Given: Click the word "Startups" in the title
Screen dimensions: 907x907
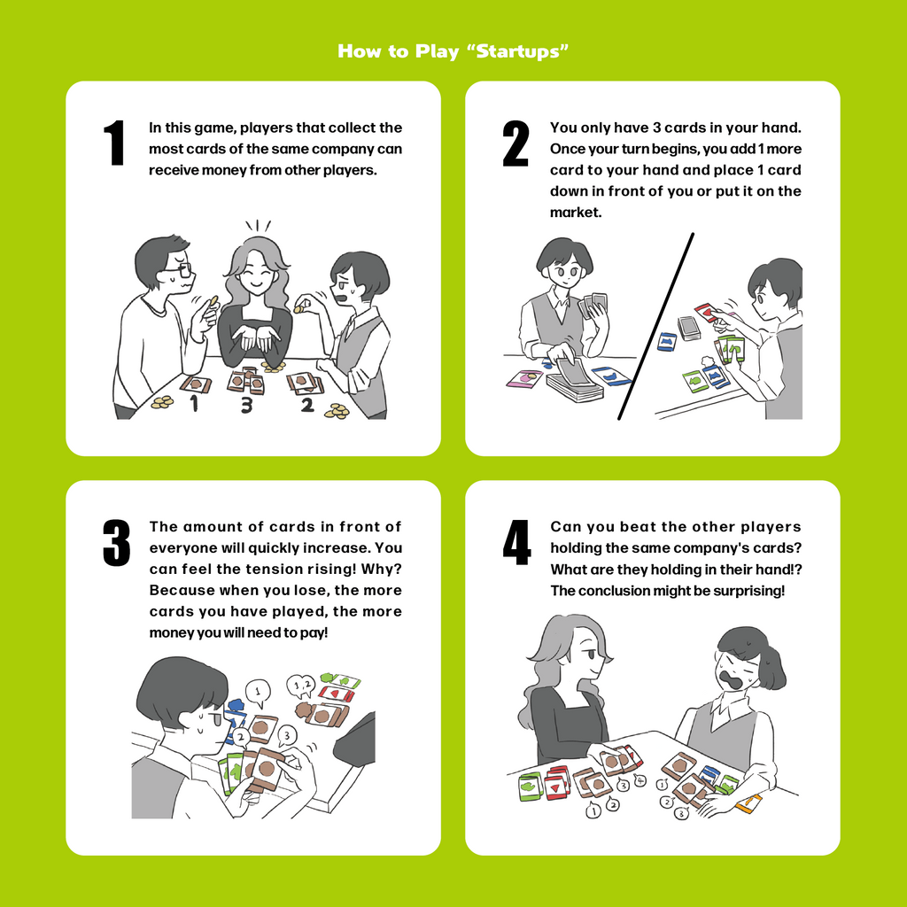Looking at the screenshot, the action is (x=517, y=51).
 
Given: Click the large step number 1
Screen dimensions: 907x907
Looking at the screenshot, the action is (x=114, y=143).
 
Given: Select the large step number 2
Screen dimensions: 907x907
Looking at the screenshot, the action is (x=516, y=143).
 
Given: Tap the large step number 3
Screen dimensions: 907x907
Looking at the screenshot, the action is (x=116, y=543).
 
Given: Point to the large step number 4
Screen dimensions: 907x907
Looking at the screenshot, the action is (x=516, y=543).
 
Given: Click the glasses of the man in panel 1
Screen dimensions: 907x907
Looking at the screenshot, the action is (x=178, y=269).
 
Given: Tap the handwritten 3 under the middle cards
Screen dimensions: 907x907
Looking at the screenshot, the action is (x=247, y=406).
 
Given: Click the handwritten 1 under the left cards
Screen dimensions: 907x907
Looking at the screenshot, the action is (x=194, y=403).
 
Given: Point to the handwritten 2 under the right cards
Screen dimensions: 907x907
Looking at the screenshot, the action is (x=307, y=404).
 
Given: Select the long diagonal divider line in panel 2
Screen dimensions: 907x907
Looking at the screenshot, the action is (x=655, y=326).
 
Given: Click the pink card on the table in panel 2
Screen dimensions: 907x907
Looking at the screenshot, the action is (x=524, y=378).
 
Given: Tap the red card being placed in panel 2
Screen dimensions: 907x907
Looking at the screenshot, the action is (x=707, y=313).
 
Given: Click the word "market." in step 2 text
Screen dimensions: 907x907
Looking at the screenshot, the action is (x=576, y=213).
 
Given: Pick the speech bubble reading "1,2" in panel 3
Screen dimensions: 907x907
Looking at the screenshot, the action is (x=301, y=686).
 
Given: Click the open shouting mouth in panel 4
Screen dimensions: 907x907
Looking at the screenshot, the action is (x=731, y=677).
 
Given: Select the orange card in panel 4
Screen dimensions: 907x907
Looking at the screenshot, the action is (x=749, y=802).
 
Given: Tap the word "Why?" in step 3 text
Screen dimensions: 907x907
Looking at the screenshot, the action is (x=381, y=569).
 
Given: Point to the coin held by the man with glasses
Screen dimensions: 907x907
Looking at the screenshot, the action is (x=214, y=301).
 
